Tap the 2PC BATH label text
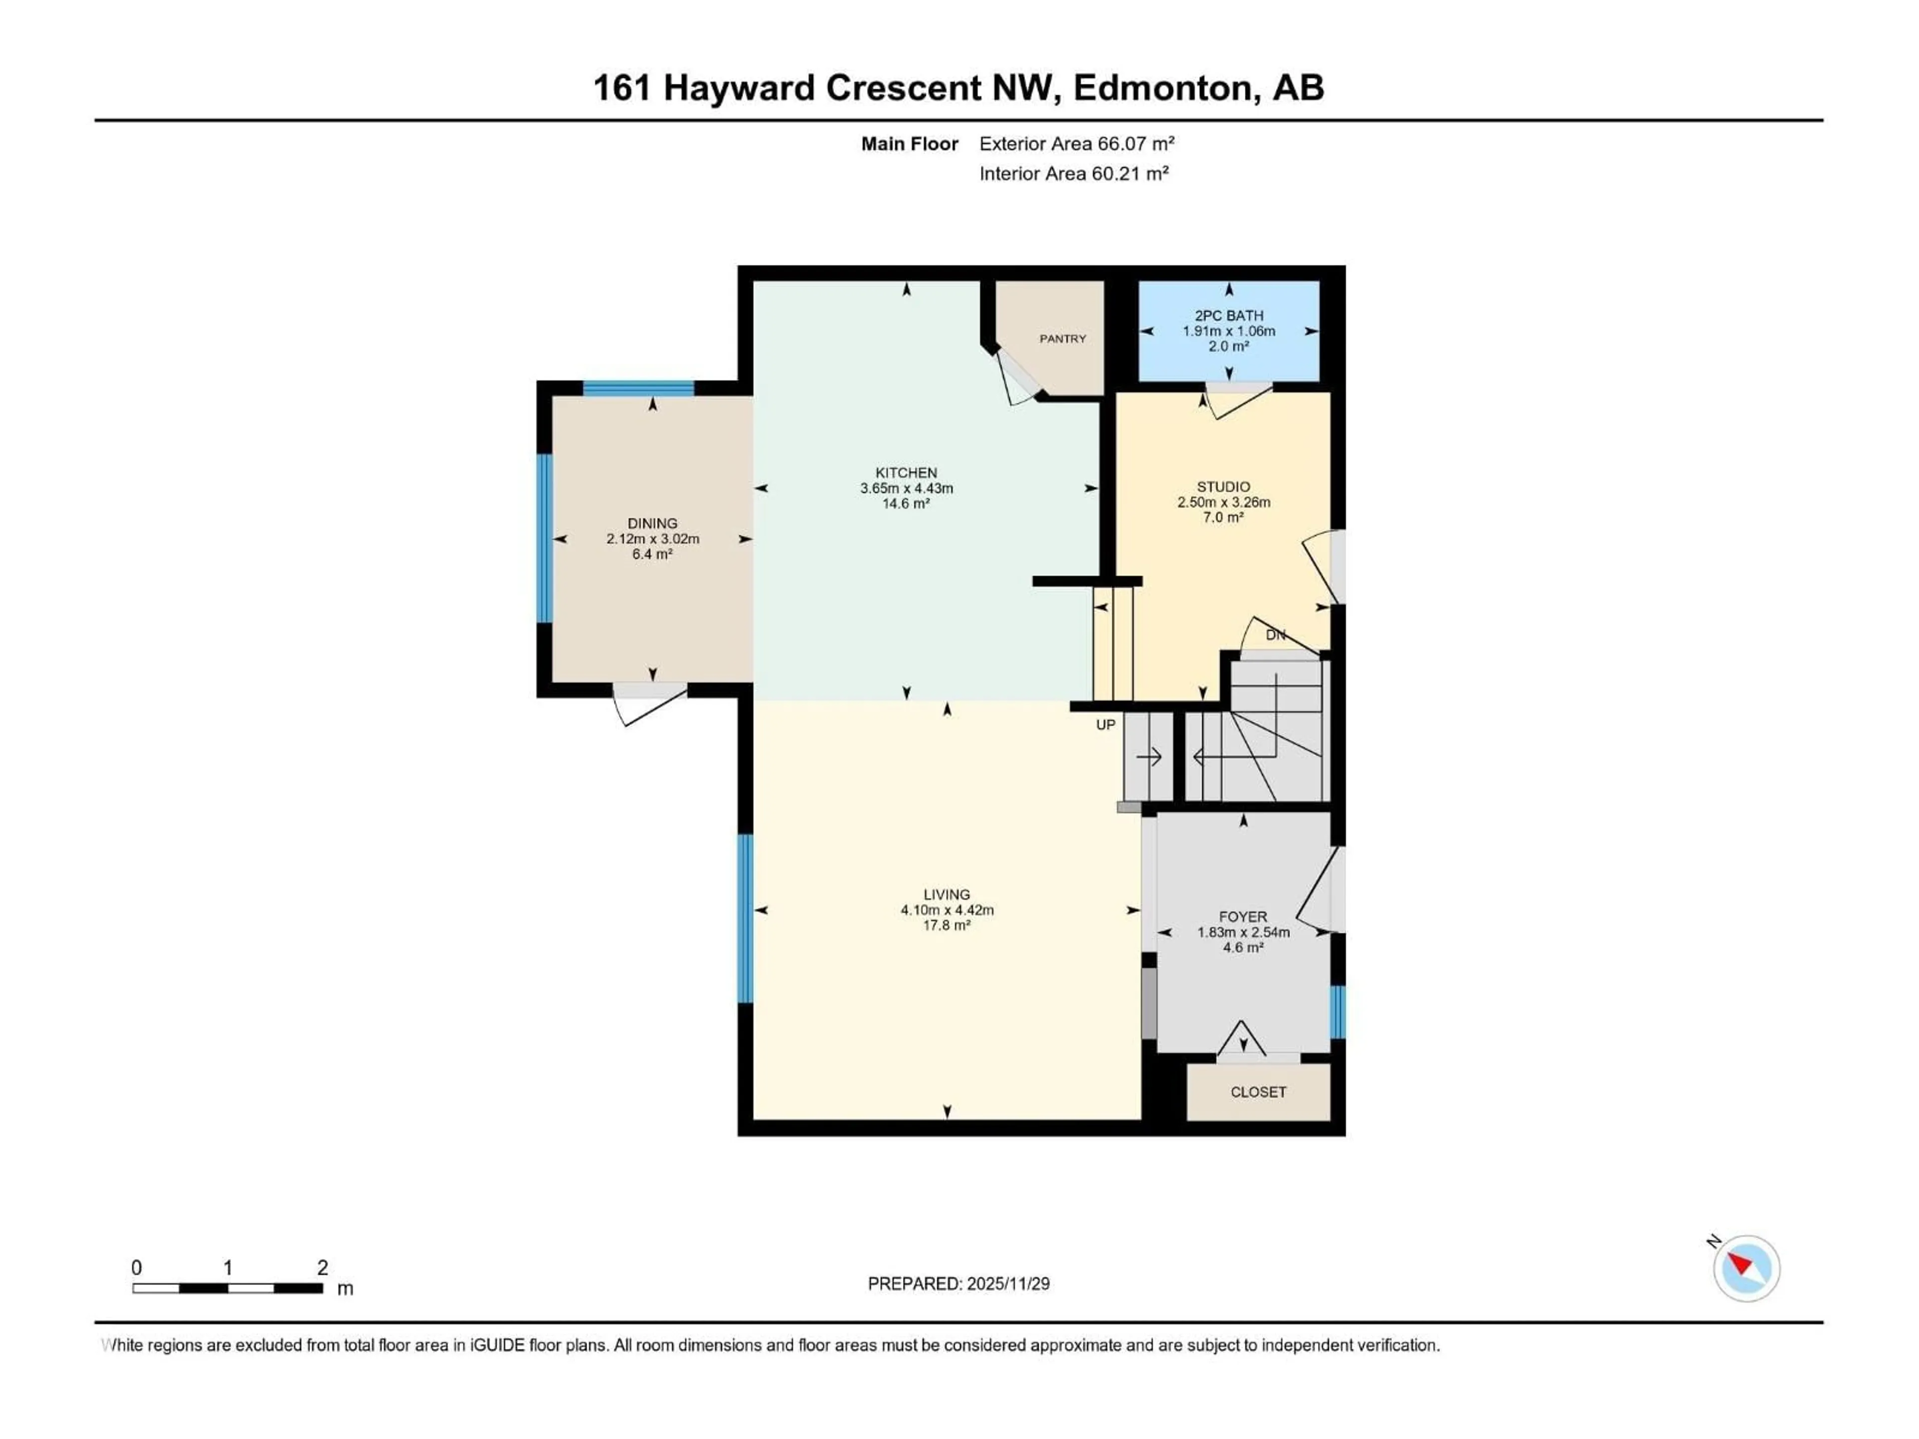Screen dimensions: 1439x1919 tap(1228, 316)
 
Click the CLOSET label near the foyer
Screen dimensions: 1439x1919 tap(1258, 1092)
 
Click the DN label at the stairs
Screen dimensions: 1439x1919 tap(1274, 635)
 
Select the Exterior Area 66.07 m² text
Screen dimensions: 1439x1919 tap(1076, 144)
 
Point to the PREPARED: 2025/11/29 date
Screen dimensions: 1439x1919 tap(958, 1284)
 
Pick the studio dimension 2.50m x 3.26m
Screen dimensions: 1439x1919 tap(1223, 502)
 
